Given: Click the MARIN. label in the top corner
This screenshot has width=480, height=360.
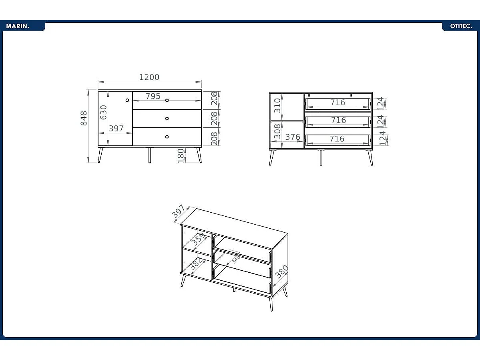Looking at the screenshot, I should (18, 26).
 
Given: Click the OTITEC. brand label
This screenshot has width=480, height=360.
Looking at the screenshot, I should (461, 26).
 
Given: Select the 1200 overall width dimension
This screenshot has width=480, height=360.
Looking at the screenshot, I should (149, 77).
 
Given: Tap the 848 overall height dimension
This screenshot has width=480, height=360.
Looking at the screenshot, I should (84, 118).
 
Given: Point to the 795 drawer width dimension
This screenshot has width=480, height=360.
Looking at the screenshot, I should (153, 96).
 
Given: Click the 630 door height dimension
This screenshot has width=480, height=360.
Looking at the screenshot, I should (104, 112).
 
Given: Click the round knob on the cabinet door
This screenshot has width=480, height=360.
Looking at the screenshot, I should (127, 100).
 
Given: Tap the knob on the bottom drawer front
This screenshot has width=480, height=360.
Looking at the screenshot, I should (167, 137).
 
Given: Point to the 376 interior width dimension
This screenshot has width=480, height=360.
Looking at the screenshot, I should (293, 137).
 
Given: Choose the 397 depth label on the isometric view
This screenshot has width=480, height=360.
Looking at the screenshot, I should (179, 212).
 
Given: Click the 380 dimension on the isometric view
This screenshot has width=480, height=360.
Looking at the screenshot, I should (281, 272).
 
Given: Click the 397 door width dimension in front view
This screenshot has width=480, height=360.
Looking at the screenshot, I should (116, 129).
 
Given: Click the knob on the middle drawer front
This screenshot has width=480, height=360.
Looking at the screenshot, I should (167, 119).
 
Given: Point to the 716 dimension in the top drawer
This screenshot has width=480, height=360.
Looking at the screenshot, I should (337, 103).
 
